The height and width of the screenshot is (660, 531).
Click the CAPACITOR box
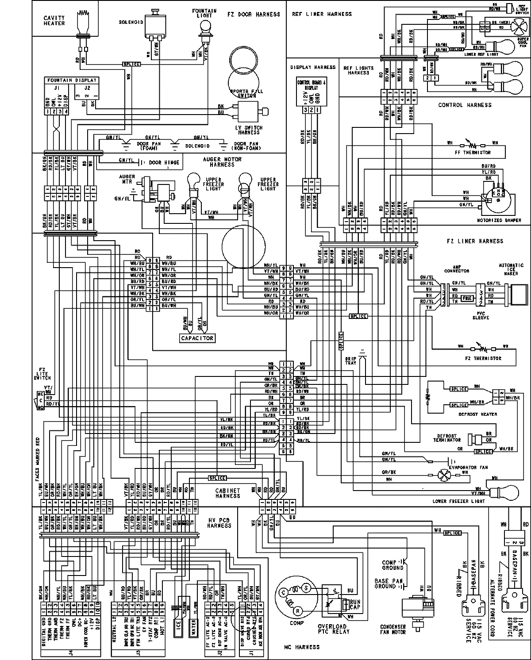pyautogui.click(x=197, y=338)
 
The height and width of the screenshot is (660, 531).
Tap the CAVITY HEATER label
pyautogui.click(x=54, y=21)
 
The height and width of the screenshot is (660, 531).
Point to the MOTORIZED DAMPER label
pyautogui.click(x=499, y=220)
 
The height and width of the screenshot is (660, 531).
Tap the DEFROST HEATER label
pyautogui.click(x=480, y=414)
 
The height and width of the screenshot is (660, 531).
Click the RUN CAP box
pyautogui.click(x=355, y=605)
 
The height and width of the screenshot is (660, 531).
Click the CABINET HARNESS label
pyautogui.click(x=227, y=493)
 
